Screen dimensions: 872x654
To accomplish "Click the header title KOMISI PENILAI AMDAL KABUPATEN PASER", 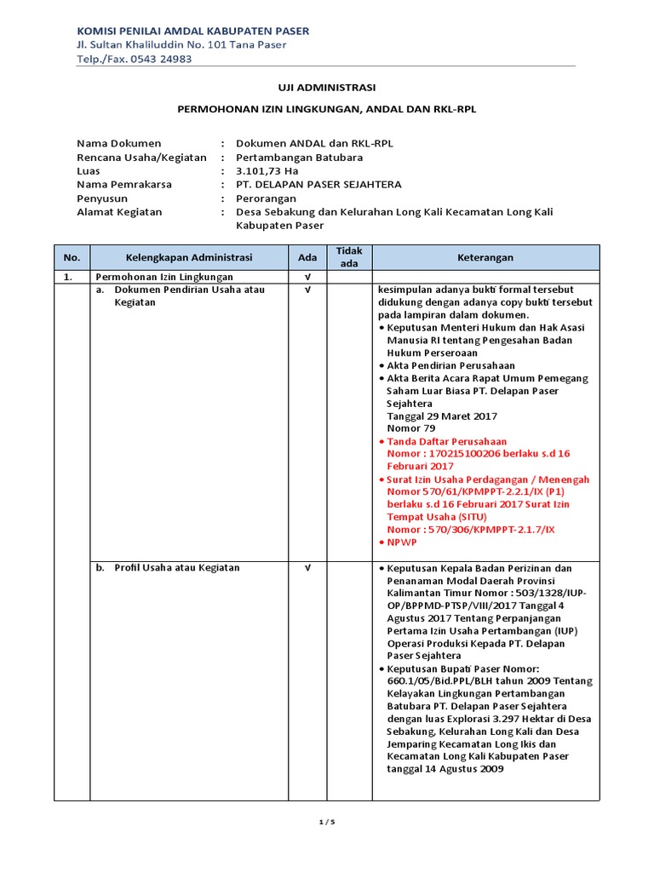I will pyautogui.click(x=192, y=31).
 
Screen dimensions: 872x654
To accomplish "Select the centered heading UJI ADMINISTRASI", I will pyautogui.click(x=328, y=88).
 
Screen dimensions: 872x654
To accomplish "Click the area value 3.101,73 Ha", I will pyautogui.click(x=268, y=170).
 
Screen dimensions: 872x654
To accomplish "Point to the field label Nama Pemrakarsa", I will pyautogui.click(x=124, y=184).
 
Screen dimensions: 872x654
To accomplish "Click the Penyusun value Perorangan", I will pyautogui.click(x=266, y=198).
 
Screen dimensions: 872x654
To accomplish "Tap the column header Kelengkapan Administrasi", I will pyautogui.click(x=189, y=257).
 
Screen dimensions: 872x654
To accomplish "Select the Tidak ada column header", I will pyautogui.click(x=349, y=256).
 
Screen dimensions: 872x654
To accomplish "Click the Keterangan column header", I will pyautogui.click(x=485, y=257).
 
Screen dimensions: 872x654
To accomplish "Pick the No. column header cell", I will pyautogui.click(x=72, y=257).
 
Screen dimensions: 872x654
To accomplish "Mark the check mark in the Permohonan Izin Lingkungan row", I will pyautogui.click(x=307, y=277).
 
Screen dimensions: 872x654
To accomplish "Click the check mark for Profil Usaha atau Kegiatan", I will pyautogui.click(x=307, y=568).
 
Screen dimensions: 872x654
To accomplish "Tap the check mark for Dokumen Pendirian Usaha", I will pyautogui.click(x=307, y=290).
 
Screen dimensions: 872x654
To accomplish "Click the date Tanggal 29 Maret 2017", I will pyautogui.click(x=442, y=416).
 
